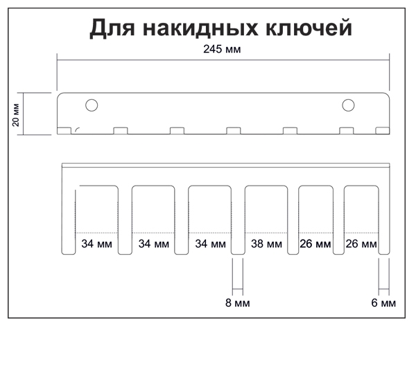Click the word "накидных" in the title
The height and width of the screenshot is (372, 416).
click(200, 28)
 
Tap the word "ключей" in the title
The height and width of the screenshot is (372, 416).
click(309, 28)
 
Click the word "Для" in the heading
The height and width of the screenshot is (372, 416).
click(112, 28)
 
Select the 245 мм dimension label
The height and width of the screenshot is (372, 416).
click(222, 49)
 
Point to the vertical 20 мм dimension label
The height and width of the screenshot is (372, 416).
click(16, 114)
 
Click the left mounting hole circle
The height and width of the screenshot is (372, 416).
click(92, 105)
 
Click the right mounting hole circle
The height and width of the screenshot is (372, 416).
click(348, 105)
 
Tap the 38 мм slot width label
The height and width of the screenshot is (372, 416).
click(266, 244)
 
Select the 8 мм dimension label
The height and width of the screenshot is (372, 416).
click(237, 303)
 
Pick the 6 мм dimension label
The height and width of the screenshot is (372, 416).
click(383, 303)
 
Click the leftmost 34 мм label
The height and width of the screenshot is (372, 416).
click(96, 244)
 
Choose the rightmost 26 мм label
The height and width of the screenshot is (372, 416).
click(361, 244)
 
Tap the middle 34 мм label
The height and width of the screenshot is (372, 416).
click(154, 244)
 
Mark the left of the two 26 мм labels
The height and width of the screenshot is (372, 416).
click(315, 244)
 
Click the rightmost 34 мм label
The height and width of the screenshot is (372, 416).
click(210, 244)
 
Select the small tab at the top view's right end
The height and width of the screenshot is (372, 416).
click(383, 131)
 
